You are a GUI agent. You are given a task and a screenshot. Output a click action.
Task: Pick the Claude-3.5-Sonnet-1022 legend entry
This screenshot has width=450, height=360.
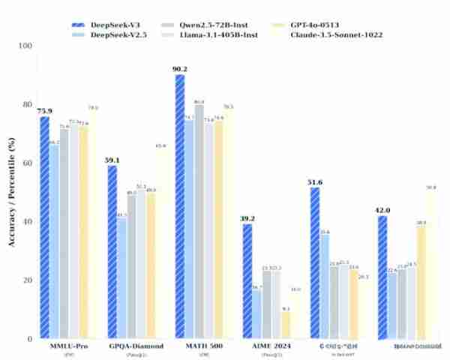click(339, 34)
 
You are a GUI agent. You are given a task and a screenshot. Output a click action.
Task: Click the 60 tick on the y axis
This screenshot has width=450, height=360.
click(28, 163)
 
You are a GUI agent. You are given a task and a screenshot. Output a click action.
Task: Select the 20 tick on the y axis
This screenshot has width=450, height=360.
click(28, 280)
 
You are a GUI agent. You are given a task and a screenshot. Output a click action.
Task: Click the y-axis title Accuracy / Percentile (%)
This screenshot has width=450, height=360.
click(11, 191)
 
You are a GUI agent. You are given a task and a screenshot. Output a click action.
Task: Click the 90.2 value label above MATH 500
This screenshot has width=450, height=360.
click(180, 68)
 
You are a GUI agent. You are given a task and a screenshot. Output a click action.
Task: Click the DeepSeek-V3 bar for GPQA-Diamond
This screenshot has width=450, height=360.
click(112, 252)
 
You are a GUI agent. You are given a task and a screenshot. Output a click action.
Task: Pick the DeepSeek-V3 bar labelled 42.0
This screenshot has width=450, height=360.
click(382, 277)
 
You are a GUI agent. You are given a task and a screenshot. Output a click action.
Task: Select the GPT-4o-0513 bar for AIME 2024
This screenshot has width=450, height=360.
click(286, 325)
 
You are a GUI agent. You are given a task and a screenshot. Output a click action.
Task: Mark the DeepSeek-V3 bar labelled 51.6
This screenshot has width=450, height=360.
click(315, 262)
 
